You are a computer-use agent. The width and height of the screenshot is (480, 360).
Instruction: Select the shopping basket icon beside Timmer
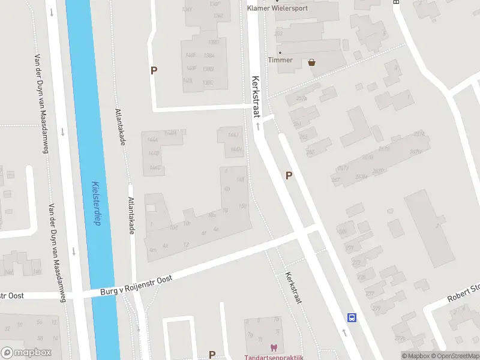click(312, 61)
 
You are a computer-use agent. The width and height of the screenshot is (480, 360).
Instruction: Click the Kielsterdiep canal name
click(95, 204)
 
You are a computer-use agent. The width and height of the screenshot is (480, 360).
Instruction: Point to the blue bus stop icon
click(352, 317)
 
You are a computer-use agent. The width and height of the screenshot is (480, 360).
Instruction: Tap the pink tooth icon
click(274, 348)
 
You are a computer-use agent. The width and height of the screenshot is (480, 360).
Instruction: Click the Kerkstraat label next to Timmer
click(256, 96)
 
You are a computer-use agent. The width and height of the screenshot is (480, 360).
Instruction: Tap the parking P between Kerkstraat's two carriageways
click(289, 175)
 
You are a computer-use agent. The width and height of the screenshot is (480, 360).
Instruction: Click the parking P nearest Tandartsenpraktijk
click(212, 355)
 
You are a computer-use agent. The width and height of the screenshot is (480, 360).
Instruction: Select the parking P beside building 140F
click(154, 70)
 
